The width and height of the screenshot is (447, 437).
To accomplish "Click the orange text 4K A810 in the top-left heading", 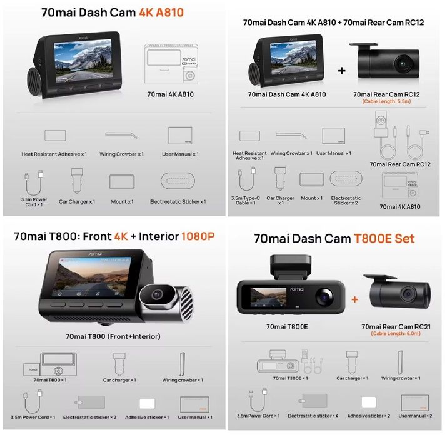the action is tap(161, 13).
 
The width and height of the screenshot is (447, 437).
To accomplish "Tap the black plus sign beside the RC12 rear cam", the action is tap(341, 71).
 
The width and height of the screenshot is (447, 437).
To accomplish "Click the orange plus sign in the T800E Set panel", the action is tap(355, 299).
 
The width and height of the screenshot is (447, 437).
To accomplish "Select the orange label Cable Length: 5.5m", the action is tap(386, 101).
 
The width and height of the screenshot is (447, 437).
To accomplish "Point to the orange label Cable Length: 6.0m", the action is tap(396, 333).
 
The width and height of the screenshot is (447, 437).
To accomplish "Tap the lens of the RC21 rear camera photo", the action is tap(408, 294).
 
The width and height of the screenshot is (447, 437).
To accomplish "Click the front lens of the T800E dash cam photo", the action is tap(324, 297).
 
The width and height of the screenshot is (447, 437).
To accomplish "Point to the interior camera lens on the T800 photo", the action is tap(157, 294).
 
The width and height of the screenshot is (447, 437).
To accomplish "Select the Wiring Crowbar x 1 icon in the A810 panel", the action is tap(121, 135).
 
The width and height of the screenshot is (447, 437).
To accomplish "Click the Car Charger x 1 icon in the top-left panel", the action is tap(77, 181).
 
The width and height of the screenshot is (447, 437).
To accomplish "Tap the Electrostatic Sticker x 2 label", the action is tap(346, 201).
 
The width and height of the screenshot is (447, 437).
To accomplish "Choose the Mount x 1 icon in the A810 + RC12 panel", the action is tap(311, 179).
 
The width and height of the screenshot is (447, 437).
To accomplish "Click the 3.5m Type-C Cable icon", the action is tap(246, 179).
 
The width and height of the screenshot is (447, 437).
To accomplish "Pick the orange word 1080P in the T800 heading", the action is tap(198, 236).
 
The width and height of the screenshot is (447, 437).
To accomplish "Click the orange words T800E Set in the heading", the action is tap(384, 239).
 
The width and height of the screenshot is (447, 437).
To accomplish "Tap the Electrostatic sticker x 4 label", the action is tap(313, 416).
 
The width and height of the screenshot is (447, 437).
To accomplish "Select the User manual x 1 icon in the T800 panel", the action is tap(194, 404).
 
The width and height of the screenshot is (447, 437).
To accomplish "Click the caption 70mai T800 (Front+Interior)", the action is tap(113, 336).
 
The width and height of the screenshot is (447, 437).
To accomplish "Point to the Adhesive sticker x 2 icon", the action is tap(369, 402).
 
